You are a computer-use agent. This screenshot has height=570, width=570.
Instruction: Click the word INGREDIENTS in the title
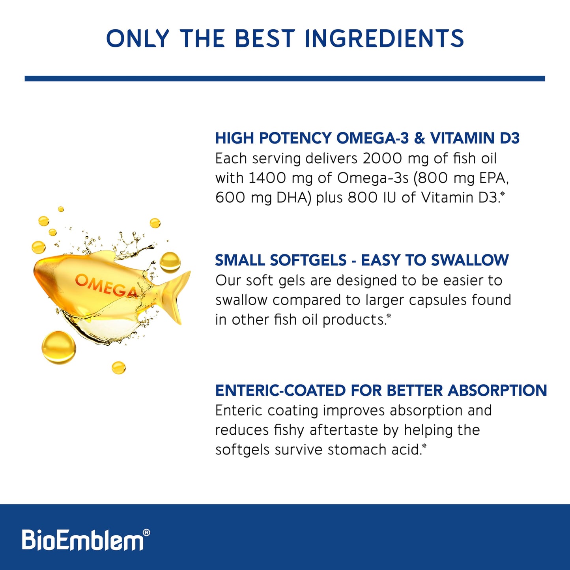tap(384, 38)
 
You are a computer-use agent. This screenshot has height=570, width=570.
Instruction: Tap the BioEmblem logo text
tap(82, 540)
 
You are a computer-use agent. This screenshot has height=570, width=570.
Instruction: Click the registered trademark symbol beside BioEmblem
tap(146, 533)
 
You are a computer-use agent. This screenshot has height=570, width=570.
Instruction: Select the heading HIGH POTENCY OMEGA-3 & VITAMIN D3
tap(367, 138)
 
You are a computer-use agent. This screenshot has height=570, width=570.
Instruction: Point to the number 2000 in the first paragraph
tap(382, 159)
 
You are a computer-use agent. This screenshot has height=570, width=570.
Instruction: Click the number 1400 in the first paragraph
tap(267, 178)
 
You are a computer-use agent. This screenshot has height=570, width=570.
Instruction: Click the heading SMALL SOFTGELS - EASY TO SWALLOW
tap(362, 260)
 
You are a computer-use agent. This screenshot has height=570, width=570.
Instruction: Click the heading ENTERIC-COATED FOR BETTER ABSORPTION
tap(381, 391)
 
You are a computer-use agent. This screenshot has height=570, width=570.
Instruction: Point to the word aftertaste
tap(344, 430)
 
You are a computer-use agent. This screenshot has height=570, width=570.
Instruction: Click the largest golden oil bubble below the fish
tap(59, 348)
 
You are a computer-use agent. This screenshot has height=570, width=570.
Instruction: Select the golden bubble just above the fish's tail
tap(170, 262)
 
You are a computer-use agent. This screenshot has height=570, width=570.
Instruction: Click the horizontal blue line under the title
tap(285, 78)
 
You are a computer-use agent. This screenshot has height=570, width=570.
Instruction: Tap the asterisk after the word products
tap(389, 316)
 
